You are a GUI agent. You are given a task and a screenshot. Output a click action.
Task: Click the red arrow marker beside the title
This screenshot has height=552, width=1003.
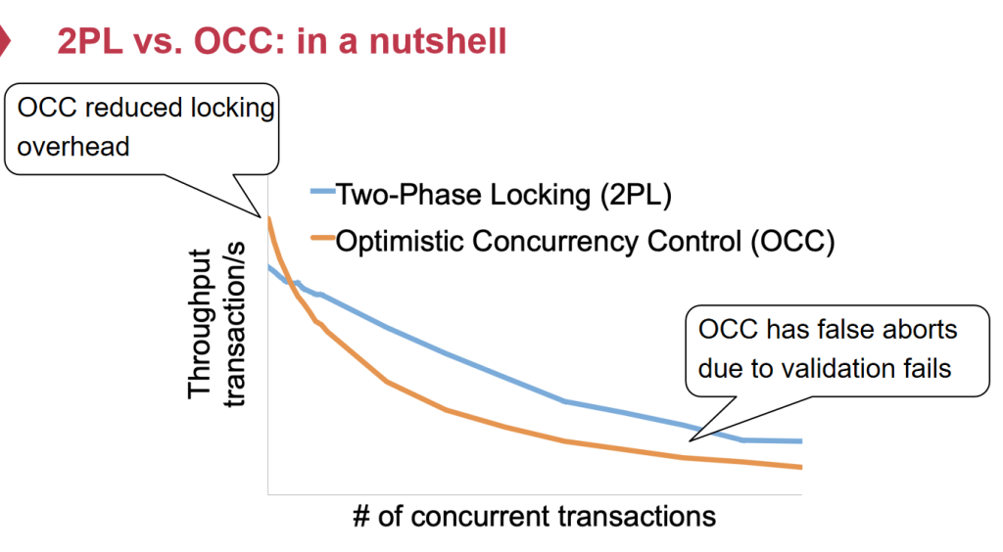[x=5, y=41]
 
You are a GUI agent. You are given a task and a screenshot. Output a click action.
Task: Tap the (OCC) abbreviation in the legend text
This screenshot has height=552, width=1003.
[x=792, y=240]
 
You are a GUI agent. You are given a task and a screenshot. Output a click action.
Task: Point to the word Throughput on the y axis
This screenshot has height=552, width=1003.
[x=200, y=323]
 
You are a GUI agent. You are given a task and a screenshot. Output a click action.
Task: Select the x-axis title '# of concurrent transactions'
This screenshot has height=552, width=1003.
[x=534, y=515]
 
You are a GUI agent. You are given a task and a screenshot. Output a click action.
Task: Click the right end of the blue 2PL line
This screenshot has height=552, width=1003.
[x=800, y=440]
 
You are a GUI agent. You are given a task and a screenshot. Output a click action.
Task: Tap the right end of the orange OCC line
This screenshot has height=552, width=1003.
[x=800, y=467]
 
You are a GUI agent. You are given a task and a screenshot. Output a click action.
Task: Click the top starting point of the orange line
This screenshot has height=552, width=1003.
[x=267, y=218]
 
